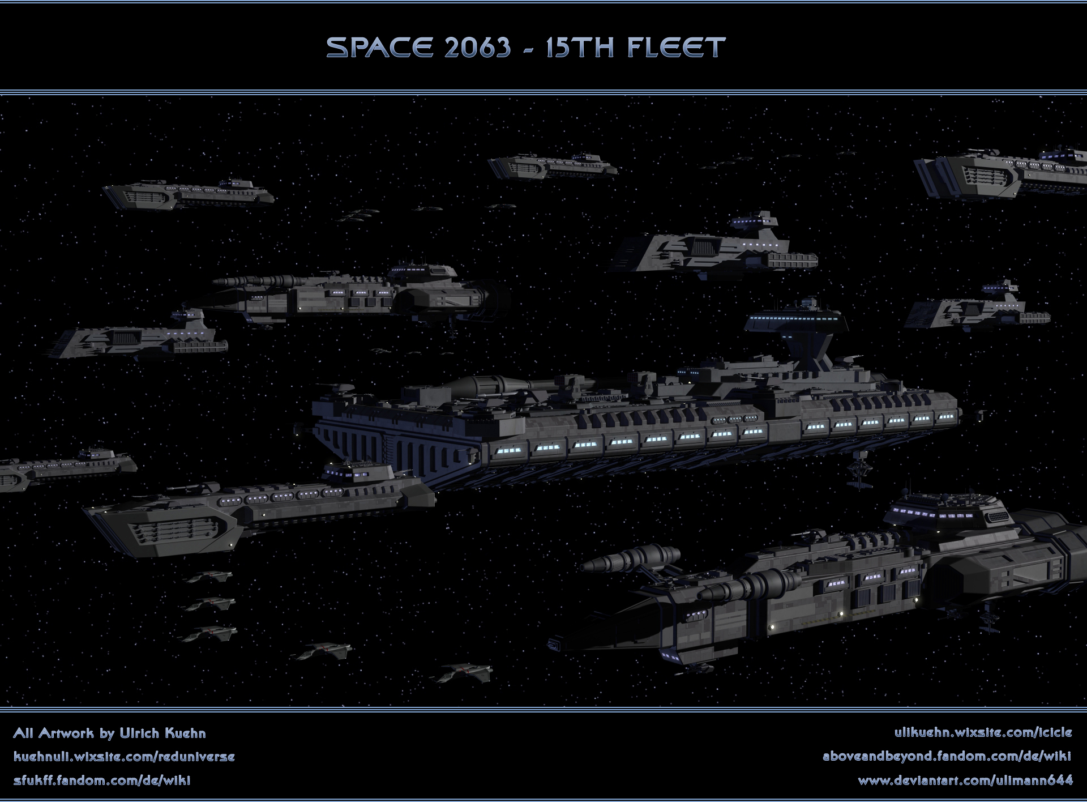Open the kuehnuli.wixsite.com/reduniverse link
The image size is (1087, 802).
coord(123,757)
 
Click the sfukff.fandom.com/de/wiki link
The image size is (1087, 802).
coord(101,780)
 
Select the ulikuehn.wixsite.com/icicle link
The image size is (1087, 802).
coord(983,732)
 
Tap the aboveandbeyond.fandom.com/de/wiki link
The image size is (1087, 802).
coord(947,757)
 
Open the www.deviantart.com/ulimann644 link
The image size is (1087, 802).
coord(965,780)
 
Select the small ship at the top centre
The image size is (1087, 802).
coord(552,166)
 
